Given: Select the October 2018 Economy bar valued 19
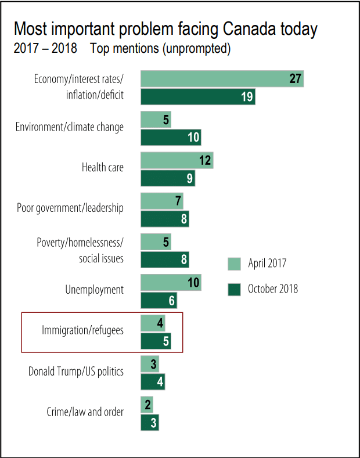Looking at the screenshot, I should pyautogui.click(x=198, y=96).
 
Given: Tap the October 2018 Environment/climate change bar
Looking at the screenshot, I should pyautogui.click(x=171, y=138).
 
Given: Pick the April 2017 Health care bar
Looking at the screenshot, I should pyautogui.click(x=177, y=160).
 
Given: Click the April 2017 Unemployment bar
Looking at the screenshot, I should pyautogui.click(x=171, y=283).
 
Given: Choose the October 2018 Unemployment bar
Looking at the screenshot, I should pyautogui.click(x=159, y=300).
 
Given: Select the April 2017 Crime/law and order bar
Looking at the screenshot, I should pyautogui.click(x=147, y=405).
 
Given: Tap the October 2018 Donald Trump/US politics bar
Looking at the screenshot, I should pyautogui.click(x=153, y=381).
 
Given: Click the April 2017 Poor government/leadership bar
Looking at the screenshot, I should pyautogui.click(x=162, y=201).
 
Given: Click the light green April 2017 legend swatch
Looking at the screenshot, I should pyautogui.click(x=234, y=264).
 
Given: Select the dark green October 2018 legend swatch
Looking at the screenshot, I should pyautogui.click(x=234, y=288).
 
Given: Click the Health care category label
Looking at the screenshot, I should pyautogui.click(x=103, y=168).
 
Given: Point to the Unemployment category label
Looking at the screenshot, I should pyautogui.click(x=95, y=290).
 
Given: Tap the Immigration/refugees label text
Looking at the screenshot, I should pyautogui.click(x=82, y=330).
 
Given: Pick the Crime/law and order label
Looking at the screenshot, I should pyautogui.click(x=85, y=412).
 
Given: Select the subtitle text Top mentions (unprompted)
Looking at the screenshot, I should pyautogui.click(x=160, y=48).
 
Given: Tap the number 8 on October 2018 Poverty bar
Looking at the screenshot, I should pyautogui.click(x=183, y=259).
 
